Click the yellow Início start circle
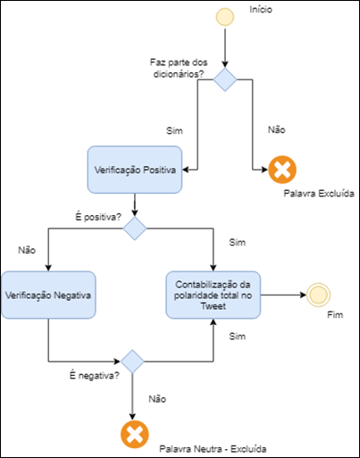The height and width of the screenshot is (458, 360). click(225, 17)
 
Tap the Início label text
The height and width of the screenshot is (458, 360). click(261, 10)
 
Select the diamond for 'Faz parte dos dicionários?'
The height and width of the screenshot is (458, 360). click(225, 79)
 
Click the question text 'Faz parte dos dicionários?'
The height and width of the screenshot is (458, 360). click(179, 68)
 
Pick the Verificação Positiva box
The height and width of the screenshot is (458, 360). click(135, 170)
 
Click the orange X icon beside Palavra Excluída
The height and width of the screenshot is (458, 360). click(282, 170)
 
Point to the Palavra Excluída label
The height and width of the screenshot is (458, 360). click(319, 194)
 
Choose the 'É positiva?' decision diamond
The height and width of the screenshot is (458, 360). click(135, 229)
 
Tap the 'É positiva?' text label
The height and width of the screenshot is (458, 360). click(98, 217)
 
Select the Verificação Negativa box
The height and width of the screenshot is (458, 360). click(48, 295)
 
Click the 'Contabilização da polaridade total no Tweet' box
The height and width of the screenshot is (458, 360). click(213, 295)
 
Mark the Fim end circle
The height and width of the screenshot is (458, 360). click(318, 295)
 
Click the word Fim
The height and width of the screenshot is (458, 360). click(335, 315)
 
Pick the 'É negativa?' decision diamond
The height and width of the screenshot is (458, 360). click(132, 362)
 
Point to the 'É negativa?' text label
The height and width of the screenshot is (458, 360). click(95, 376)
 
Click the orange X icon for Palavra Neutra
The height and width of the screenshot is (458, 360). click(135, 435)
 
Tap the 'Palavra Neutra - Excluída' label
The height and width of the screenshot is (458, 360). click(213, 449)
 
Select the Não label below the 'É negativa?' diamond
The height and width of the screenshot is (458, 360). click(157, 399)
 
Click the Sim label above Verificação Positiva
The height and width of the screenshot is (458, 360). click(174, 130)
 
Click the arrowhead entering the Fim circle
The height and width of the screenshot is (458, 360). click(303, 295)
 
